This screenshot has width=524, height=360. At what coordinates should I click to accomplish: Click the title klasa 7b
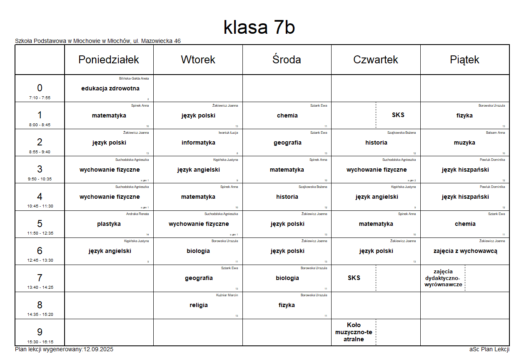259,27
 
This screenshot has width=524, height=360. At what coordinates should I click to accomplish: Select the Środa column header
287,60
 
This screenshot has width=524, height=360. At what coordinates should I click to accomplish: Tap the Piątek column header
464,60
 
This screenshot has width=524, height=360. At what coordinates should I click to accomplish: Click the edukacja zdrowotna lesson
110,88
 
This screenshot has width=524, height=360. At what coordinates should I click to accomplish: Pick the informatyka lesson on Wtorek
198,142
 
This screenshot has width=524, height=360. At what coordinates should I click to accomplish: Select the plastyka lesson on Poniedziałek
109,224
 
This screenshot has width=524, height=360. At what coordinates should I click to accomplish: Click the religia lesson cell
198,305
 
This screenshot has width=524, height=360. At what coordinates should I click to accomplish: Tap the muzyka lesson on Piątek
464,142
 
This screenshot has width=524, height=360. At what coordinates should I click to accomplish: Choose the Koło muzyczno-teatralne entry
354,332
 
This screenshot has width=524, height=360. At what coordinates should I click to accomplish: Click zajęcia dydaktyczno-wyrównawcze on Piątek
442,278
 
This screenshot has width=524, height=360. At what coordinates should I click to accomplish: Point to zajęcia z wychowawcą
465,251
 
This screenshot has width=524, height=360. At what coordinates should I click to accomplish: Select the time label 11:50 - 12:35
40,233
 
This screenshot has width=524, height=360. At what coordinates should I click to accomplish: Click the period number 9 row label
40,332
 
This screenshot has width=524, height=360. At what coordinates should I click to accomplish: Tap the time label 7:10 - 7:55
40,98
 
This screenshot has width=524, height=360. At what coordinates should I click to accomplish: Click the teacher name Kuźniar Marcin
227,295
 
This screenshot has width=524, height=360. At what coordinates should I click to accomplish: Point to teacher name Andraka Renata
137,214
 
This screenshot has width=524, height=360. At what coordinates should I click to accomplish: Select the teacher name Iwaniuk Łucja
228,132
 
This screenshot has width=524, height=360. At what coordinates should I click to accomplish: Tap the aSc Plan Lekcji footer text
489,349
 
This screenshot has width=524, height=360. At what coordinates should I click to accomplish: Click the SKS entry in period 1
398,115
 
